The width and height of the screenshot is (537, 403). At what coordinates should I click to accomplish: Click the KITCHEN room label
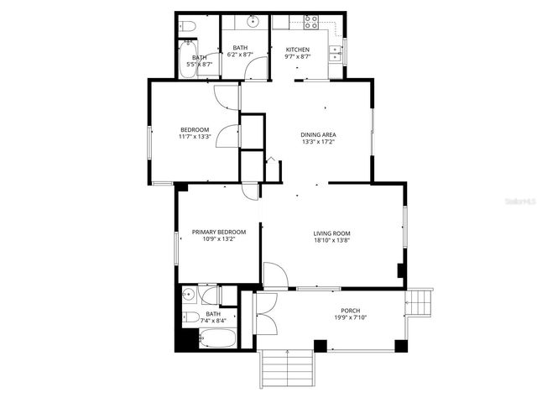pyautogui.click(x=298, y=50)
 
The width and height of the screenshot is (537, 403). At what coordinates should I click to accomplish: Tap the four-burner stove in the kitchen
pyautogui.click(x=311, y=19)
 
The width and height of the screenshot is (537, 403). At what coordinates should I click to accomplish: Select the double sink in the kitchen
pyautogui.click(x=336, y=52)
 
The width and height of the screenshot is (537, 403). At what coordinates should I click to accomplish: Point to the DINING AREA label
pyautogui.click(x=318, y=134)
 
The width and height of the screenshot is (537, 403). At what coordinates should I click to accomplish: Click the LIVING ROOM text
pyautogui.click(x=331, y=233)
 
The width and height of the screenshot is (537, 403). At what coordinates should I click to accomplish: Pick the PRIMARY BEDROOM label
pyautogui.click(x=219, y=232)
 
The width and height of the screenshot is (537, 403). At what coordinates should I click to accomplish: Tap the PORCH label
pyautogui.click(x=351, y=311)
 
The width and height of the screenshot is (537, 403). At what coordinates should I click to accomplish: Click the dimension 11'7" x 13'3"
pyautogui.click(x=195, y=137)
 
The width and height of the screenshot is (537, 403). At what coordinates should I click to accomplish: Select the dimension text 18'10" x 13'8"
pyautogui.click(x=331, y=240)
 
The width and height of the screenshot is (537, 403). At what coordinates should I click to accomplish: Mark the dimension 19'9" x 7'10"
pyautogui.click(x=351, y=317)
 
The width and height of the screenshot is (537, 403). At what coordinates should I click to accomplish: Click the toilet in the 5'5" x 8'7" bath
pyautogui.click(x=187, y=28)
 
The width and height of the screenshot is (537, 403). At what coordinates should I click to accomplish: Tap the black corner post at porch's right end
pyautogui.click(x=401, y=345)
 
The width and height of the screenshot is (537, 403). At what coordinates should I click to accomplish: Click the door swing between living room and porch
pyautogui.click(x=275, y=276)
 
